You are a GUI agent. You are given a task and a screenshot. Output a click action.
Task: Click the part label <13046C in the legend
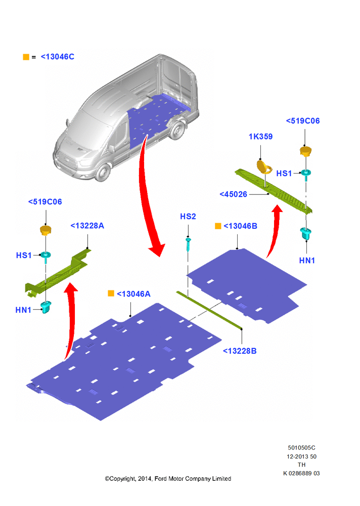coord(58,57)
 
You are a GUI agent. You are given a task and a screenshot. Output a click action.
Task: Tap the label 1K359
coord(260,137)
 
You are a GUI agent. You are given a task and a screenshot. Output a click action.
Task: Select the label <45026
coord(233,194)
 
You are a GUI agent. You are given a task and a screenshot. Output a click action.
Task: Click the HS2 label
coord(188,217)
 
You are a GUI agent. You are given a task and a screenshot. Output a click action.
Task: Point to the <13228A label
coord(87,226)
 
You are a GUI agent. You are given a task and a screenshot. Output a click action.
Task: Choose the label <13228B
coord(240,351)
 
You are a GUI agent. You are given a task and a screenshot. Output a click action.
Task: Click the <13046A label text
coord(133,294)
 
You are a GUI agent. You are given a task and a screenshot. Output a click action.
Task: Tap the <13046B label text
coord(240,226)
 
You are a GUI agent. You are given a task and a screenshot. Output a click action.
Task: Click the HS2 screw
coord(188,244)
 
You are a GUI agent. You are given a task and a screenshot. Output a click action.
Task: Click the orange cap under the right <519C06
coord(305,151)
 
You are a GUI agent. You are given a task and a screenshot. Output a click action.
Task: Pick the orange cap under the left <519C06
coord(46,231)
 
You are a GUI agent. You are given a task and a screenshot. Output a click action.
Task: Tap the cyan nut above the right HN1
coord(305,233)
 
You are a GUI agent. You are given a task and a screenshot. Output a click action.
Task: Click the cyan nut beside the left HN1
coord(46,307)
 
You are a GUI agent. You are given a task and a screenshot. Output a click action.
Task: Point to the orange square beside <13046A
coord(111,293)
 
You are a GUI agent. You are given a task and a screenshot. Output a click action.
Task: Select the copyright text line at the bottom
coord(168,479)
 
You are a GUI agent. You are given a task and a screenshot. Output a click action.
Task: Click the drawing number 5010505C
coord(302,448)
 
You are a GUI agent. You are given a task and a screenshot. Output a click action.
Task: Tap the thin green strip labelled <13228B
coord(209,310)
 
